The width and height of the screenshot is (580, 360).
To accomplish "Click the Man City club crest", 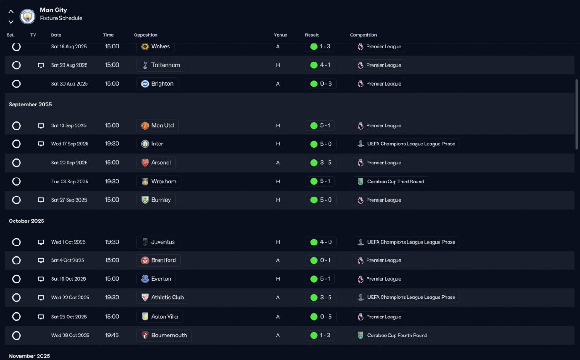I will click(28, 17).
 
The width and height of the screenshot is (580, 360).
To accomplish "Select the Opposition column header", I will click(145, 35).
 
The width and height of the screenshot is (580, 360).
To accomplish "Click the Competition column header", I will click(363, 35).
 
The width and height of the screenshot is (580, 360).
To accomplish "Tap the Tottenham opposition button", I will click(160, 65).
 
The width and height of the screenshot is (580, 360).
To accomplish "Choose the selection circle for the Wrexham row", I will click(16, 182).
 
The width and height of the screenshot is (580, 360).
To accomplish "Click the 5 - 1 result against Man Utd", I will click(320, 125).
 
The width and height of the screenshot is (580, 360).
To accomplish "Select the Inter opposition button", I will click(152, 144).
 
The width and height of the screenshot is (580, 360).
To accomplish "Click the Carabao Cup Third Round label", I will click(391, 182).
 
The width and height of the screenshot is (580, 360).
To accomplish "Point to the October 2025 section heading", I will click(27, 221).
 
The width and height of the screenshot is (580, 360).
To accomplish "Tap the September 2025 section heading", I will click(30, 105).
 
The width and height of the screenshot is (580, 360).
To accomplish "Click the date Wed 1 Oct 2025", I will click(68, 242).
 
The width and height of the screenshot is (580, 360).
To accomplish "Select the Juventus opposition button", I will click(158, 242).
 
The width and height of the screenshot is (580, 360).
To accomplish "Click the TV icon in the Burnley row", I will click(41, 200).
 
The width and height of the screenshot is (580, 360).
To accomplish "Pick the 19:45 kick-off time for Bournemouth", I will click(112, 336).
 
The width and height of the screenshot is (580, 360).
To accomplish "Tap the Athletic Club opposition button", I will click(162, 298).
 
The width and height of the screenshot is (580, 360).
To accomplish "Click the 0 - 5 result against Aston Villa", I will click(320, 317).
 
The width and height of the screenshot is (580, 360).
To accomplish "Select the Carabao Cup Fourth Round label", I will click(392, 336).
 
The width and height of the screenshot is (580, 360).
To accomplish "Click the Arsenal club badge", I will click(145, 163).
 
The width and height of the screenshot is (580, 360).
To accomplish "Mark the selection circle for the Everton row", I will click(16, 279).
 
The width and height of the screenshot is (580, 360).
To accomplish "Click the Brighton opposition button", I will click(157, 84).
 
